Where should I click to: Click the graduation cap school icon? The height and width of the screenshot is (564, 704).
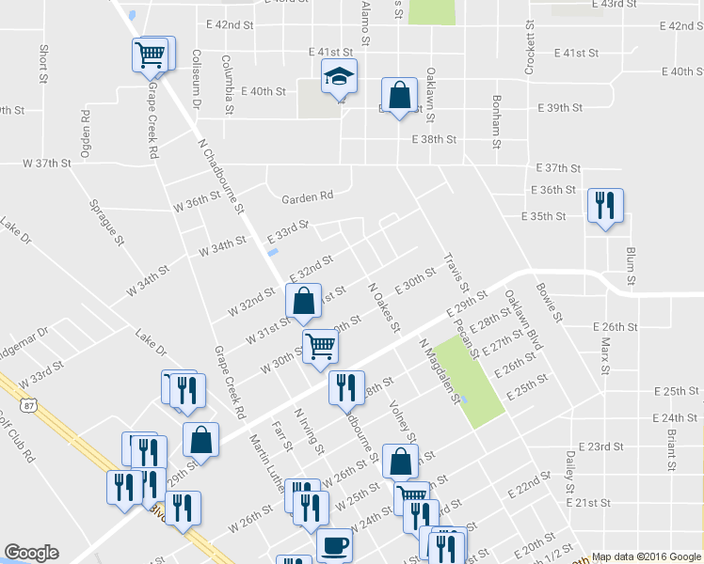tap(339, 78)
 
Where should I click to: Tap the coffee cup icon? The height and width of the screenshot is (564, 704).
tap(334, 545)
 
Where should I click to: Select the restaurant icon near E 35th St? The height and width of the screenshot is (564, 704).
tap(603, 205)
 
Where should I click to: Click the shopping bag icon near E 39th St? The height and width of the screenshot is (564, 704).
tap(399, 95)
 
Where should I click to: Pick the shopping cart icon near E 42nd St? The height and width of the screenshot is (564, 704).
tap(151, 54)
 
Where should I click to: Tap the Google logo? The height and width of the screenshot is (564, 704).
tap(31, 553)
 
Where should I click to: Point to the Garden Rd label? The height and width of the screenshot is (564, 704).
tap(308, 196)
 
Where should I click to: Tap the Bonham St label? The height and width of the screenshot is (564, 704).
tap(495, 122)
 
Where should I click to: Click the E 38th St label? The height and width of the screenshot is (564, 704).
tap(434, 139)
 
